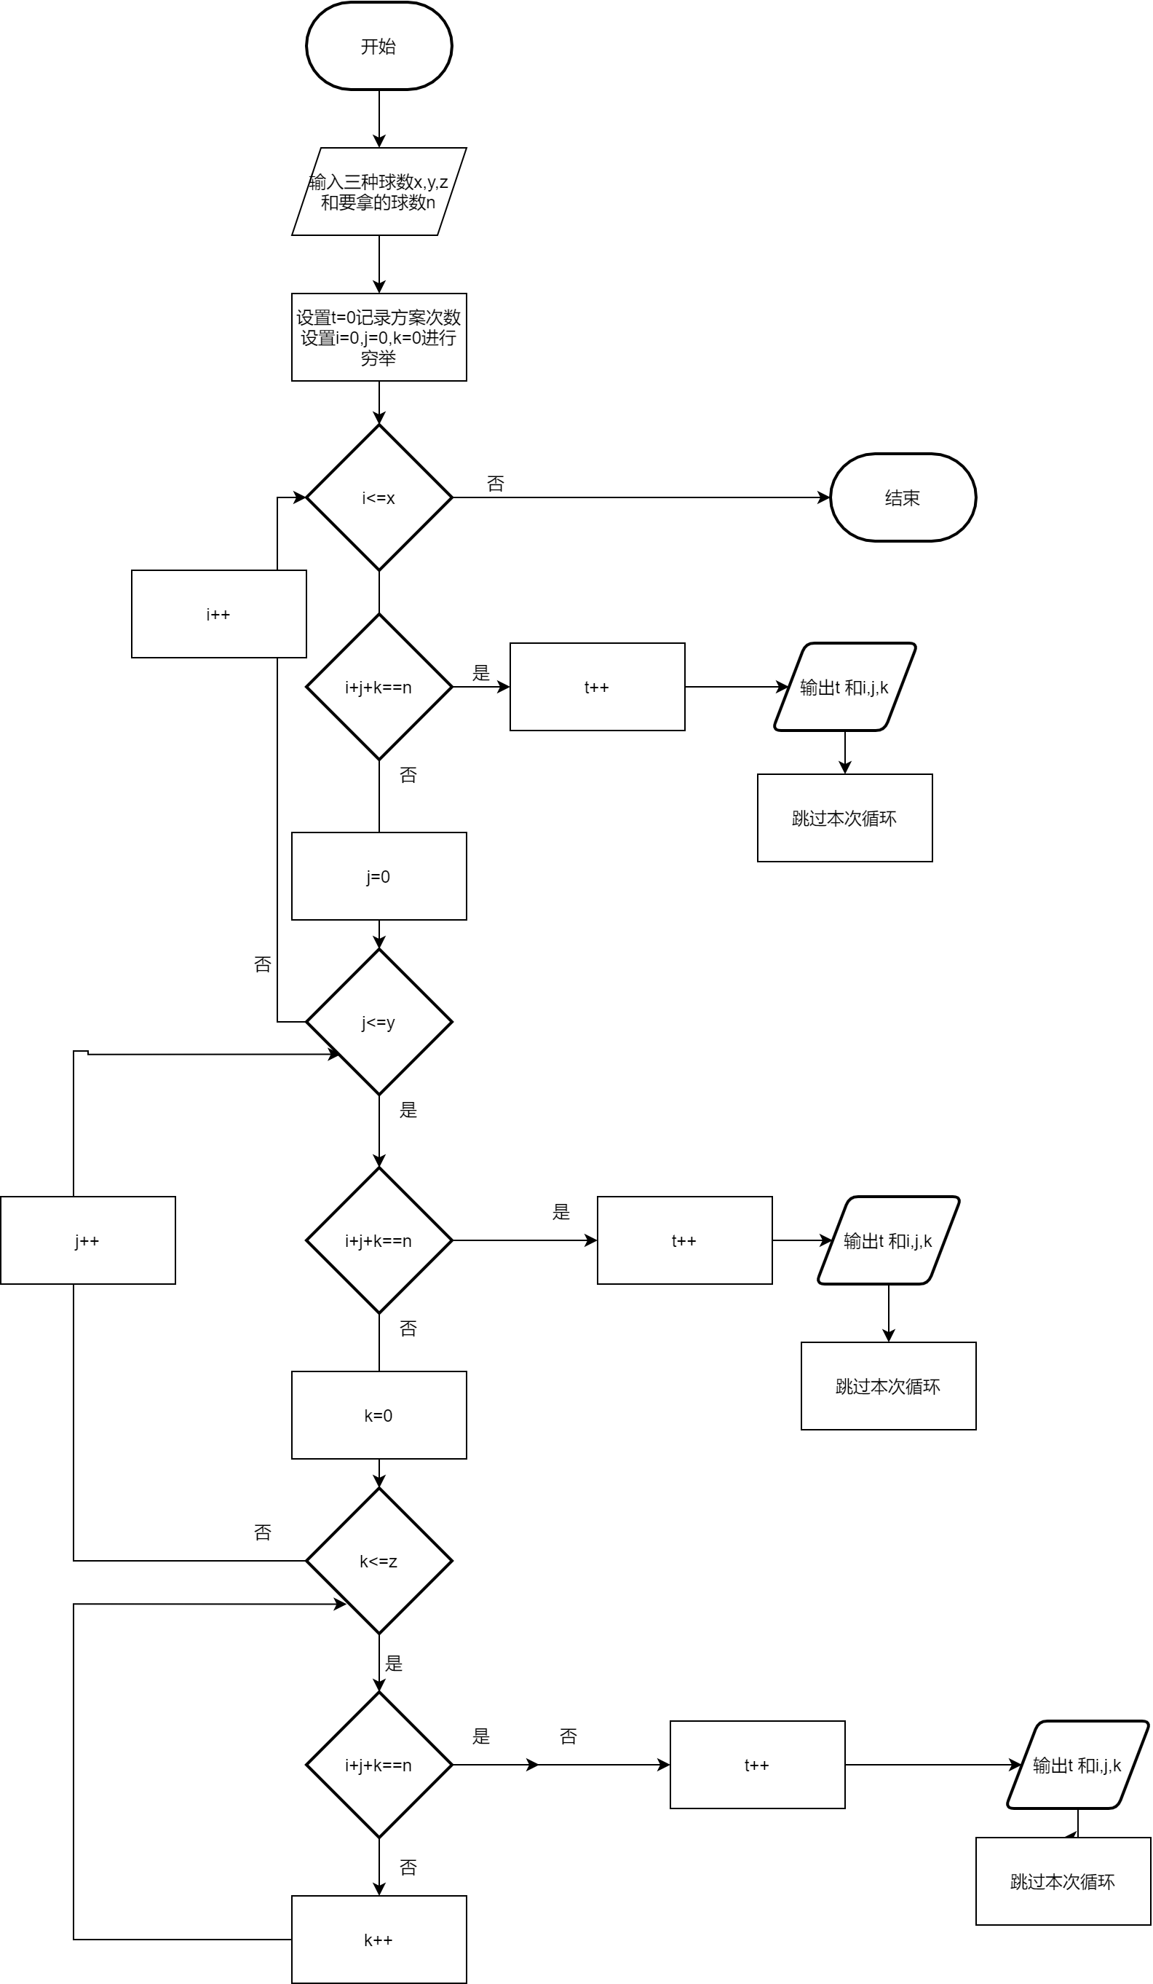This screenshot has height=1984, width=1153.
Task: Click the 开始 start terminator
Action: point(379,47)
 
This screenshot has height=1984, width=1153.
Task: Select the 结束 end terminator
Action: point(903,497)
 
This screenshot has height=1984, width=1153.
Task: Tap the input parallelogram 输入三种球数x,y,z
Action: point(379,192)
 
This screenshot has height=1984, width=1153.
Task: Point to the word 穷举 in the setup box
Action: point(379,359)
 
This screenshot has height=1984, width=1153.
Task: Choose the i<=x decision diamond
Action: point(379,497)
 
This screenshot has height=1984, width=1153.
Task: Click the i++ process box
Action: point(218,614)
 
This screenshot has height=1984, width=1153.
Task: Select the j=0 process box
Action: point(379,876)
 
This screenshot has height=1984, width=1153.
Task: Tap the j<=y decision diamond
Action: point(379,1022)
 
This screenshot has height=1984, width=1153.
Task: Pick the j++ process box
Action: point(87,1241)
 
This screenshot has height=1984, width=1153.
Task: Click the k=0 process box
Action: point(379,1416)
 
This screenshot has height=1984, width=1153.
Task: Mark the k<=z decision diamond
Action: point(379,1562)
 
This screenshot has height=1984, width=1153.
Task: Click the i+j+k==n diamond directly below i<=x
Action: point(379,688)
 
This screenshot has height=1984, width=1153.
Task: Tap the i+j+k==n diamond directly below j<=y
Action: point(379,1241)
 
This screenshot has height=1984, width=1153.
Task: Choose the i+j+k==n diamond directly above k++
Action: point(379,1765)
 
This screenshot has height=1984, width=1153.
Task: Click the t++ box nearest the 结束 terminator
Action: point(597,688)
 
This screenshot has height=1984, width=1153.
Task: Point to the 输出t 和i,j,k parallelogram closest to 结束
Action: point(844,688)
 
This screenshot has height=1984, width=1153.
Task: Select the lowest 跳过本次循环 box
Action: point(1063,1881)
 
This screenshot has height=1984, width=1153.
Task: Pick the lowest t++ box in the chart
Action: point(757,1765)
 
